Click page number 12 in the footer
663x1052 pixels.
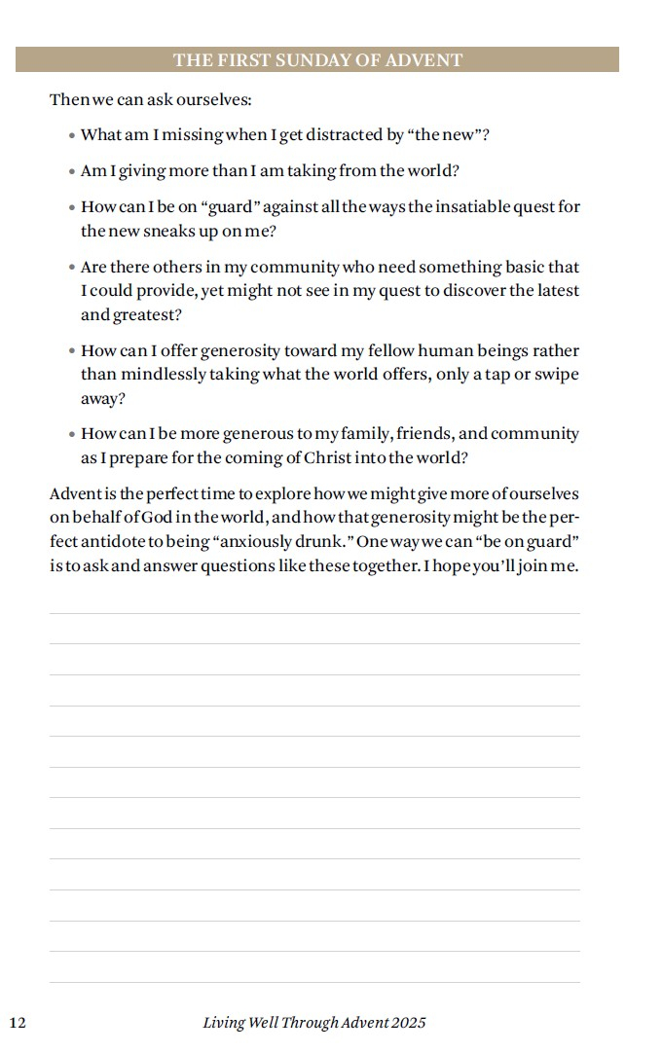(x=18, y=1023)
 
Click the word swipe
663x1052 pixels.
(x=557, y=375)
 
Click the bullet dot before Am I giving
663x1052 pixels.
(x=72, y=172)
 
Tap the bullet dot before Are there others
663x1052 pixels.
(x=72, y=268)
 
